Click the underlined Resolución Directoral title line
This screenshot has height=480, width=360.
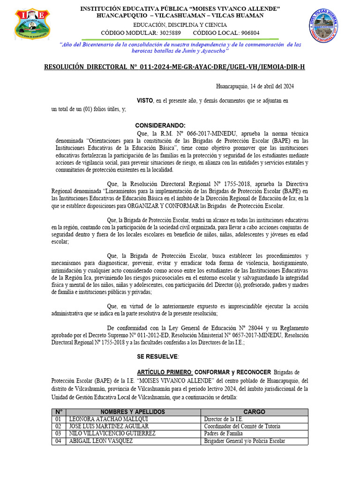click(x=174, y=67)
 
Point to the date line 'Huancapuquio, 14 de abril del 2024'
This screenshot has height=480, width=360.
click(x=255, y=86)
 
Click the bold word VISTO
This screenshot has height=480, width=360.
click(x=144, y=101)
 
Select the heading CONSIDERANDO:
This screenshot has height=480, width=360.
click(x=160, y=126)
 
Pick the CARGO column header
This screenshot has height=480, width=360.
click(x=254, y=412)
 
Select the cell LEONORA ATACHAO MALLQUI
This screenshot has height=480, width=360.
click(x=109, y=419)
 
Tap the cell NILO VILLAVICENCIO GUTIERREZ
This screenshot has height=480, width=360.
click(x=112, y=434)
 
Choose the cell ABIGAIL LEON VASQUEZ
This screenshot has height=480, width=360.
click(x=101, y=441)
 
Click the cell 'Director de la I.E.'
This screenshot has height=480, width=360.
click(x=223, y=419)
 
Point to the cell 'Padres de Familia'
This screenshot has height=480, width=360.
click(x=223, y=434)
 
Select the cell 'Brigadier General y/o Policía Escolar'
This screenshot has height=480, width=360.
click(x=244, y=441)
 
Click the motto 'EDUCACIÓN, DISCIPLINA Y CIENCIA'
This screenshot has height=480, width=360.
click(x=180, y=25)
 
